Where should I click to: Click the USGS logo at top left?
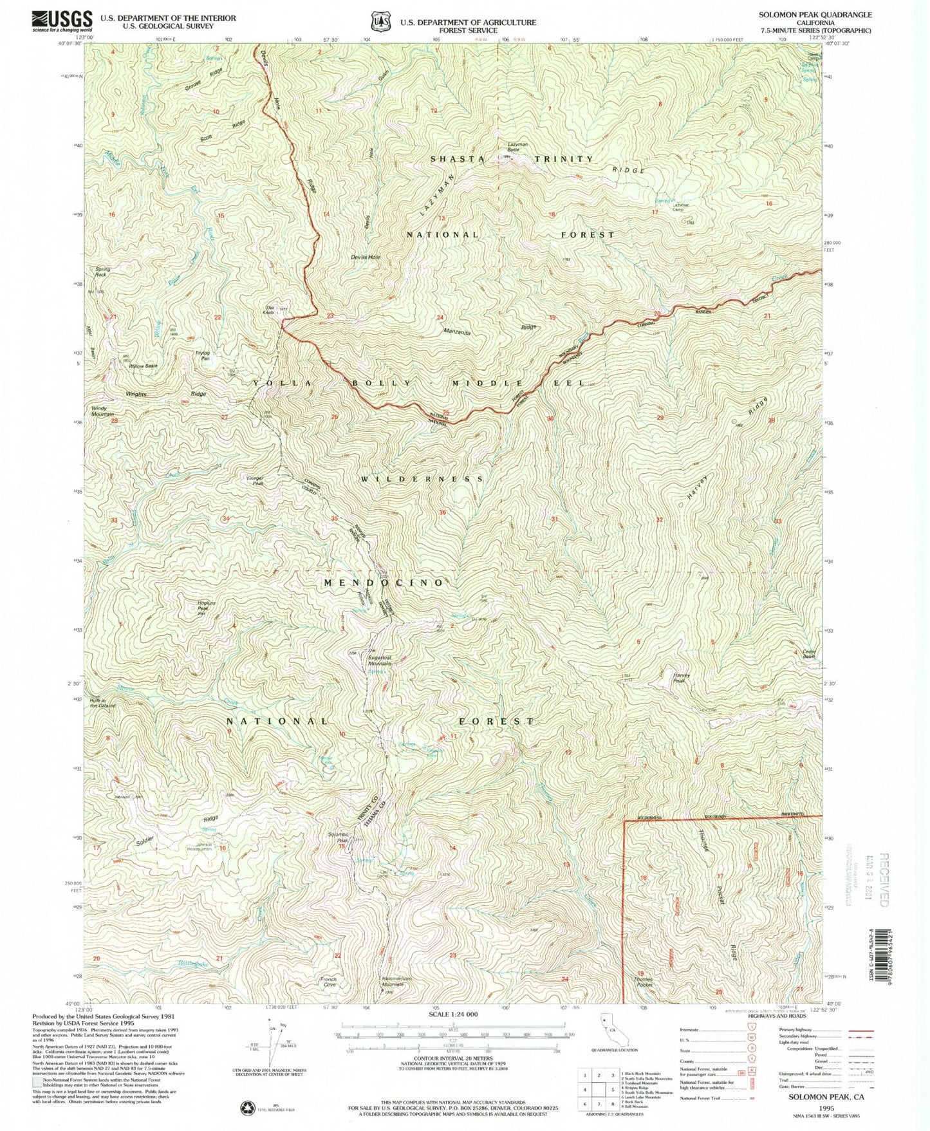pos(62,21)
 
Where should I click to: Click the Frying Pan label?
pos(203,355)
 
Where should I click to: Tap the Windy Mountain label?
pos(102,411)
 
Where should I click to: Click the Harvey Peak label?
pos(682,677)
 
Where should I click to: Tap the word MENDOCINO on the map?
pos(384,582)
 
